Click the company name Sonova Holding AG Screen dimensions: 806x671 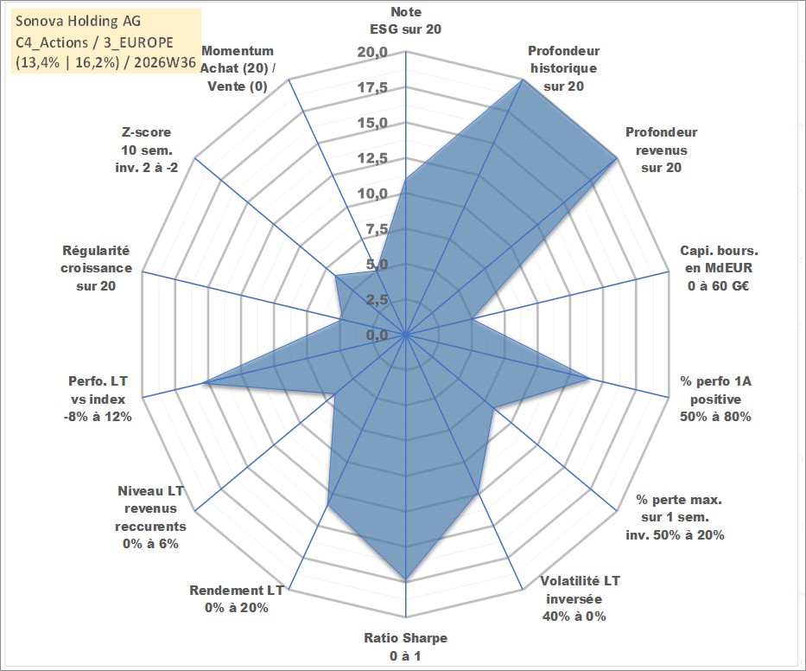click(78, 21)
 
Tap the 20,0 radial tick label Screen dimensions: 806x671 click(372, 53)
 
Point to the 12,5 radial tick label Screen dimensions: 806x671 click(372, 158)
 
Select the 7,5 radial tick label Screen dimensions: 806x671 click(377, 229)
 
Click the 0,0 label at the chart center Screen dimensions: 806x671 click(377, 335)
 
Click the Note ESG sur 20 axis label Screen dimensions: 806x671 click(405, 21)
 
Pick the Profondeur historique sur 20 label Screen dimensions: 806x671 click(564, 68)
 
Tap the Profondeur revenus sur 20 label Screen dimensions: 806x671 click(662, 150)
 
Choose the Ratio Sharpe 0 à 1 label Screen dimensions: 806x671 click(405, 647)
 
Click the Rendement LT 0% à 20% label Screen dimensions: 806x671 click(237, 599)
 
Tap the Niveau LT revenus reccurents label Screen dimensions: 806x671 click(150, 517)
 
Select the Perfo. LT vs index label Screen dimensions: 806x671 click(98, 399)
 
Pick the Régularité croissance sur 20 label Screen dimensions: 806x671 click(96, 268)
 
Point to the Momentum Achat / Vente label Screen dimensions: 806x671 click(238, 68)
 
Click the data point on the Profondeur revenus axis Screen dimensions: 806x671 click(616, 159)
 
